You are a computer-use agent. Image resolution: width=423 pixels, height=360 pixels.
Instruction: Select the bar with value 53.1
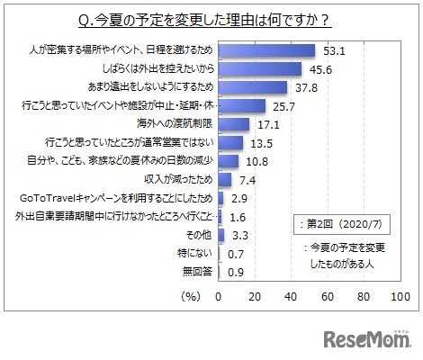pyautogui.click(x=266, y=51)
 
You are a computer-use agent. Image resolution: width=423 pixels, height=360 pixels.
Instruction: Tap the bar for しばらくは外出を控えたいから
pyautogui.click(x=260, y=69)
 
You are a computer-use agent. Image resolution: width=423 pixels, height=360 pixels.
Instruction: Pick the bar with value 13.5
pyautogui.click(x=230, y=142)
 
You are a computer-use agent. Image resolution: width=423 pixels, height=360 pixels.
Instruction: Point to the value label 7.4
pyautogui.click(x=247, y=180)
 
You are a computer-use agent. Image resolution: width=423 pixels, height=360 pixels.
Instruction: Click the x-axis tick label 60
pyautogui.click(x=327, y=295)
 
